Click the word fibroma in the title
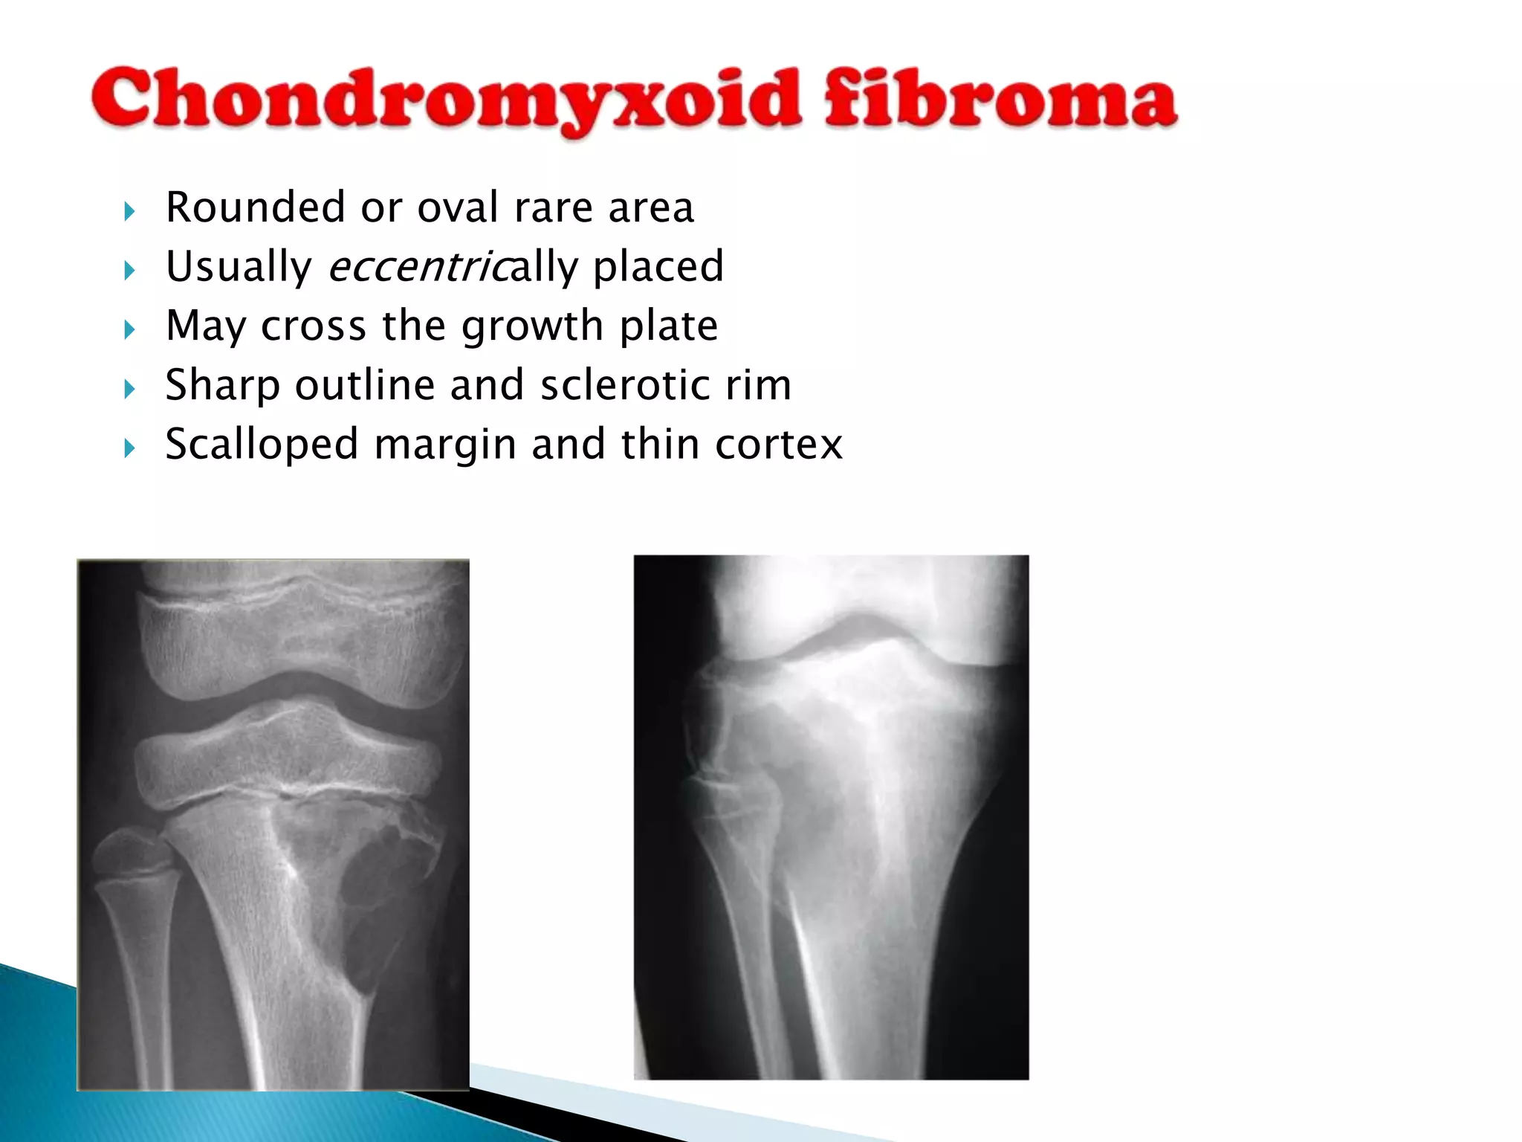coord(1000,99)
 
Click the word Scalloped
coord(262,445)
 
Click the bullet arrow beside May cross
coord(130,329)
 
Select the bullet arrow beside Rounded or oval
coord(130,211)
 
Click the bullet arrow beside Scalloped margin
coord(130,448)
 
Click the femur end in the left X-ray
coord(297,632)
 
